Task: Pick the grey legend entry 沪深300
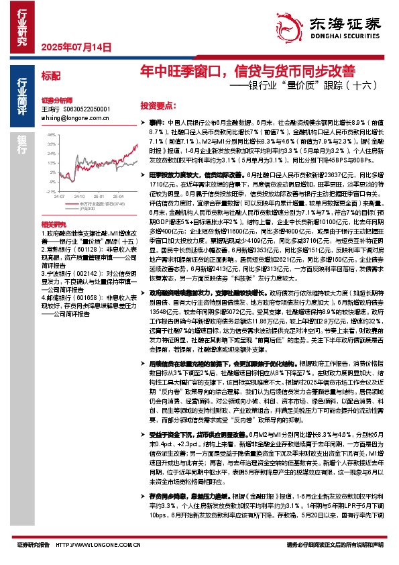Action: tap(89, 207)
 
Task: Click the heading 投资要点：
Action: tap(156, 106)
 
